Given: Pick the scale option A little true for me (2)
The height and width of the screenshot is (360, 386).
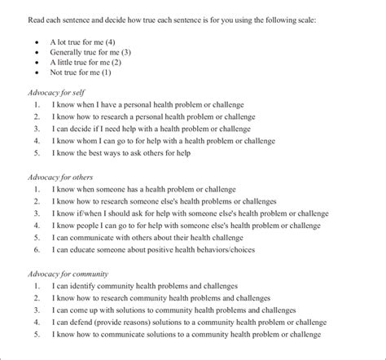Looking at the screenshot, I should point(86,62).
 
